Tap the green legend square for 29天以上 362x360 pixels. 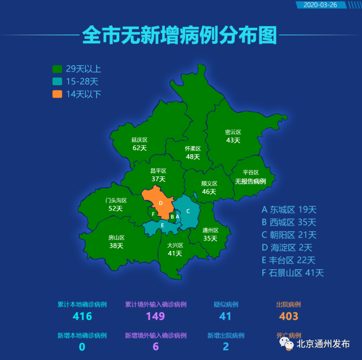57,69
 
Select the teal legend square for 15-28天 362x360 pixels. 57,81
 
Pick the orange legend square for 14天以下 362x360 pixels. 57,94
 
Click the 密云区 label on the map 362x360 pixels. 233,132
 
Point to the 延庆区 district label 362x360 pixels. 139,140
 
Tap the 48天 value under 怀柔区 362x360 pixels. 193,156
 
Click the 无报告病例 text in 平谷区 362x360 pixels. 250,181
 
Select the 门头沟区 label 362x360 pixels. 116,200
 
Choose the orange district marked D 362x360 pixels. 160,203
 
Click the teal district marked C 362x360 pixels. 188,211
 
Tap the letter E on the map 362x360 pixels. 162,225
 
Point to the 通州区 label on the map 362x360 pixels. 210,230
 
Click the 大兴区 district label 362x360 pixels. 175,245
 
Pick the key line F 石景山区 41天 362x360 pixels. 293,273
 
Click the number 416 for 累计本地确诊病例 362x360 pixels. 82,316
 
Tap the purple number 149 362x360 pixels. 155,316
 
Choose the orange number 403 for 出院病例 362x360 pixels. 289,316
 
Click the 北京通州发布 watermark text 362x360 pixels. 323,343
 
